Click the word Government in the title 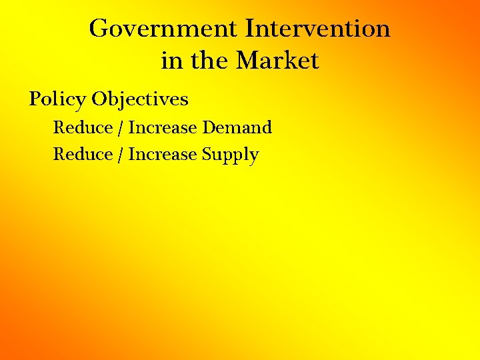[163, 29]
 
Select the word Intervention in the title [317, 29]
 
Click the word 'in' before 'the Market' [171, 61]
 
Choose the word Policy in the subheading [57, 100]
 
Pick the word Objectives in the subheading [140, 100]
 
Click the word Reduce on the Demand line [83, 127]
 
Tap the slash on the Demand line [121, 128]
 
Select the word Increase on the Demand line [163, 127]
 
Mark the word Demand [237, 127]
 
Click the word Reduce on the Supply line [83, 155]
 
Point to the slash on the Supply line [121, 155]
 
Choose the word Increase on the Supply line [163, 155]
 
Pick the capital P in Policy [35, 99]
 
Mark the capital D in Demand [209, 127]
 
